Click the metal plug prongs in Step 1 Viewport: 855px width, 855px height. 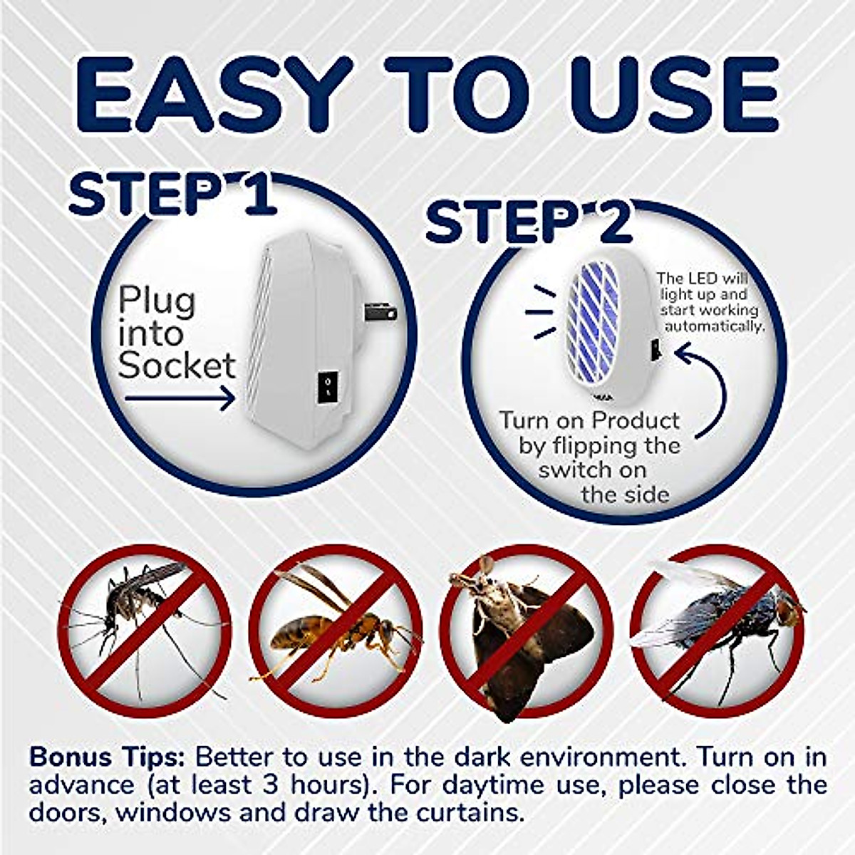[379, 311]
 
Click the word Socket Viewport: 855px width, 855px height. [176, 366]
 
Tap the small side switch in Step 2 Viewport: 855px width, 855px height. [654, 349]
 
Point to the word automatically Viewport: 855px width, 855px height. [715, 326]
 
